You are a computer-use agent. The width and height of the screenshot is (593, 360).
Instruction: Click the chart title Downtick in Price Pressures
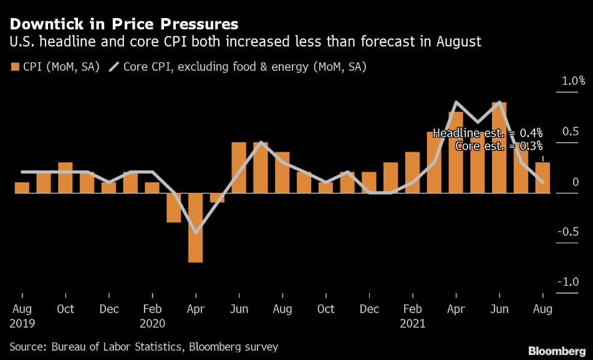point(123,24)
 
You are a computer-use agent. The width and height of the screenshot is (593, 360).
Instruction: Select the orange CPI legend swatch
point(14,66)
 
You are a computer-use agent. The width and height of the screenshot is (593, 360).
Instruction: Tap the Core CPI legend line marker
point(114,66)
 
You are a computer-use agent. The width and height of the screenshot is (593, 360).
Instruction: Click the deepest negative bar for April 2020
point(196,228)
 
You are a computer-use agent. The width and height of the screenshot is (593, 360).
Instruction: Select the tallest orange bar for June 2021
point(499,147)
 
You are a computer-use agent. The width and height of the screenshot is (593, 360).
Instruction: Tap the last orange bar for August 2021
point(542,178)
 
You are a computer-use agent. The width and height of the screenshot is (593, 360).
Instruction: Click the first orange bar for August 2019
point(22,188)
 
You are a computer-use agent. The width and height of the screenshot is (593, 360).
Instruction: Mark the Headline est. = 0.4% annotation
point(488,133)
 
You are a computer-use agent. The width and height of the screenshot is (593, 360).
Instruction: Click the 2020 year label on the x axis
point(152,323)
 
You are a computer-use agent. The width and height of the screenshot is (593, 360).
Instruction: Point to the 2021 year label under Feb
point(413,323)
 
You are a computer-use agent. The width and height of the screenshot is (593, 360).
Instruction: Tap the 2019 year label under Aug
point(22,323)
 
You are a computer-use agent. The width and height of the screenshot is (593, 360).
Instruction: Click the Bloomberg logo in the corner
point(557,349)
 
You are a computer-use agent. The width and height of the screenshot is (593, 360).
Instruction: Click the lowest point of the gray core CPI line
point(196,233)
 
